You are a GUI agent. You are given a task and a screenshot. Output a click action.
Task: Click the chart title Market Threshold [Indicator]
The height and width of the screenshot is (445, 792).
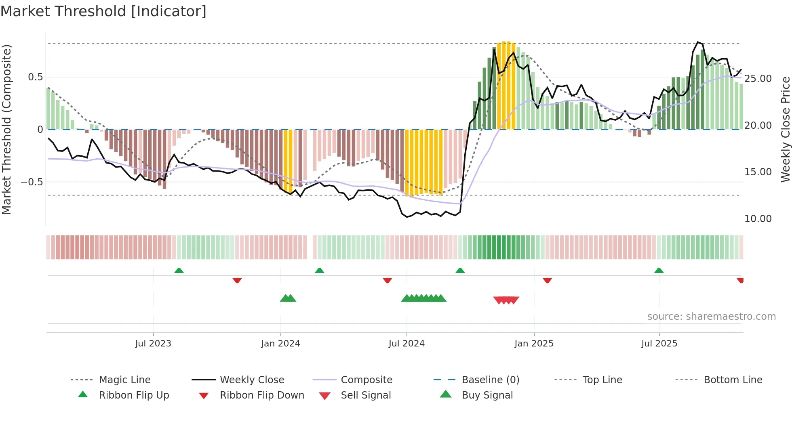click(103, 11)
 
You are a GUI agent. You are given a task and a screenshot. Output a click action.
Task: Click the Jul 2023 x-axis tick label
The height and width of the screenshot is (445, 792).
click(153, 344)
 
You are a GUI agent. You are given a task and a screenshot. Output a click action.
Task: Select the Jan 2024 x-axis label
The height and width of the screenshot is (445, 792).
click(280, 344)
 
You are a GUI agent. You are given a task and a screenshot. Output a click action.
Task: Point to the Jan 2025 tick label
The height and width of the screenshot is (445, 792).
click(534, 344)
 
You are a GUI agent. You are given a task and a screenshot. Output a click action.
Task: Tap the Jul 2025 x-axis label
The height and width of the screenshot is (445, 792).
click(659, 344)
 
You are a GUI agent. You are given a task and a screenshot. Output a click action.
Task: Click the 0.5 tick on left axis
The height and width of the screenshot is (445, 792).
click(36, 77)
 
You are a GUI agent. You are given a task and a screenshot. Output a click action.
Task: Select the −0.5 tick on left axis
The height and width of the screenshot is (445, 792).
click(32, 182)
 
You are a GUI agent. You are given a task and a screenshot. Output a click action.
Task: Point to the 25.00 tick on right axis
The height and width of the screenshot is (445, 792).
click(758, 79)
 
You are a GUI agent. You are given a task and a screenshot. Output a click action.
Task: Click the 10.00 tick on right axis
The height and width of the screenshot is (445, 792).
click(758, 219)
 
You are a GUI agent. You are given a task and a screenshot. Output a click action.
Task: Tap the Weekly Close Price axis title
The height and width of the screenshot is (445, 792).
click(785, 129)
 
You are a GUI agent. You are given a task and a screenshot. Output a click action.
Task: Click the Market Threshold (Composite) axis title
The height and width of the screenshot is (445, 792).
click(6, 129)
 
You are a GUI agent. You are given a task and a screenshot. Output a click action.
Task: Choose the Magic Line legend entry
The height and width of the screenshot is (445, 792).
click(124, 380)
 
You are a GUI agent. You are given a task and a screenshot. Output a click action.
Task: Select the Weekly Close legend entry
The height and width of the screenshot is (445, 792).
click(252, 380)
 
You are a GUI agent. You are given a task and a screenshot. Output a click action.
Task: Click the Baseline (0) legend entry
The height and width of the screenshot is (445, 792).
click(490, 380)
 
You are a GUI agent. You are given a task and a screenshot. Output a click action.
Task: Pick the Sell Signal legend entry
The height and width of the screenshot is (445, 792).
click(366, 395)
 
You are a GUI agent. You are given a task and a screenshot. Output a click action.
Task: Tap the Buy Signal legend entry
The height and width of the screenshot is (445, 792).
click(487, 395)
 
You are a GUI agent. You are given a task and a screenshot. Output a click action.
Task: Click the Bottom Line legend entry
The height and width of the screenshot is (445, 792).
click(733, 380)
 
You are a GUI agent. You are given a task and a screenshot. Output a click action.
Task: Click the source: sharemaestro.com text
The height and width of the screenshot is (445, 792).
click(711, 317)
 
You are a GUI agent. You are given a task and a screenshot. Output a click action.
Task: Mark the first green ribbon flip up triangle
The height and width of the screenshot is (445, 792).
click(179, 270)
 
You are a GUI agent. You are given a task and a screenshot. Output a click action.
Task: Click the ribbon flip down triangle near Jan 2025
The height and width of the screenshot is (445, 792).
click(547, 280)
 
